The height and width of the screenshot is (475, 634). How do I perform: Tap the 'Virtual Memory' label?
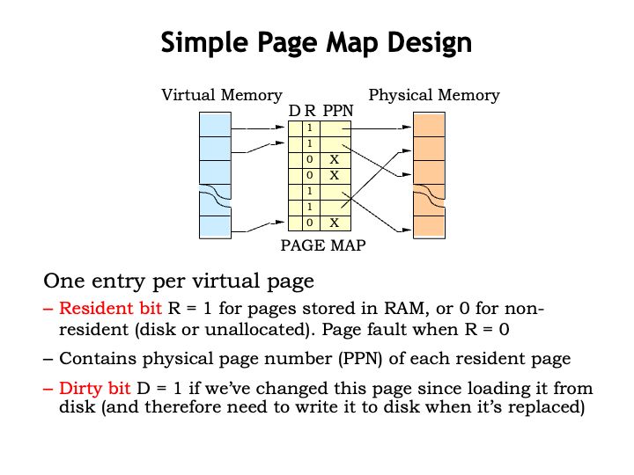[221, 95]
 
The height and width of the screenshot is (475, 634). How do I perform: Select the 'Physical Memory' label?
[433, 95]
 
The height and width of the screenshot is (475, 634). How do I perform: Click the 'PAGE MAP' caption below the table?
[322, 245]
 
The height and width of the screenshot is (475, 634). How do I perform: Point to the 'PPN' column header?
[337, 111]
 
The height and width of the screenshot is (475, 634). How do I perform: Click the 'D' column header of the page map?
[294, 111]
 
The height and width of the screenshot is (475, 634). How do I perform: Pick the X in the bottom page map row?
[335, 223]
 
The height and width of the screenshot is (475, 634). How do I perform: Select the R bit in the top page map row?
[310, 128]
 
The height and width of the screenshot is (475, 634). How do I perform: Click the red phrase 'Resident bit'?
[110, 310]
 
